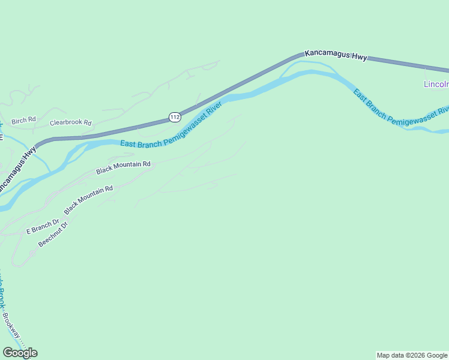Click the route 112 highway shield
pos(175,117)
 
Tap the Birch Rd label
pos(23,120)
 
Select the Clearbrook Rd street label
pos(70,122)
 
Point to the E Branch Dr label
pos(43,226)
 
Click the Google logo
pos(20,353)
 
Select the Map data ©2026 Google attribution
pos(412,355)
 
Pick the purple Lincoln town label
pos(436,84)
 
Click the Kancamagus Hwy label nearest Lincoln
pos(336,55)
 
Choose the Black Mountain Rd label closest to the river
pos(123,167)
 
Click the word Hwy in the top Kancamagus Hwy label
pos(359,57)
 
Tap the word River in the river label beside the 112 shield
pos(214,109)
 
